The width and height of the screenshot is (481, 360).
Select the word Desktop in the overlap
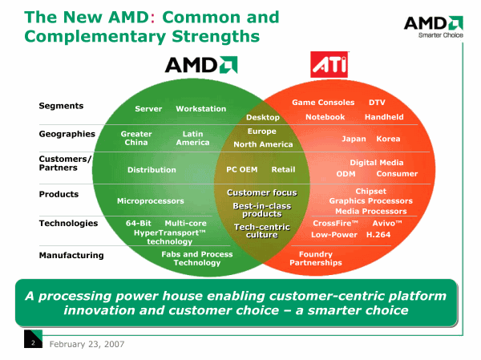tap(263, 118)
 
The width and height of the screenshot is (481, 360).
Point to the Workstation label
tap(201, 109)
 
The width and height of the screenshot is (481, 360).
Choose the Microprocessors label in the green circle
tap(151, 200)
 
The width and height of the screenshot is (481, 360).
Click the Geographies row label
tap(67, 134)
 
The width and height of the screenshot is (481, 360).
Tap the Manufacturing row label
tap(71, 255)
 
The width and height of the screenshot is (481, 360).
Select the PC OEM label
tap(242, 169)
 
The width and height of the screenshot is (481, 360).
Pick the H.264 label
tap(378, 235)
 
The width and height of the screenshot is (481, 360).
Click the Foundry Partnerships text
tap(316, 258)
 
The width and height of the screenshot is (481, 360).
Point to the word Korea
tap(388, 139)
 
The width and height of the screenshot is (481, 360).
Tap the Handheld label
tap(384, 117)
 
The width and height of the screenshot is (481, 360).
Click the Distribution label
tap(152, 170)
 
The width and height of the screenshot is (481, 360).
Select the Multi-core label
tap(185, 223)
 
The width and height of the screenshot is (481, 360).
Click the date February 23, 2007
tap(87, 343)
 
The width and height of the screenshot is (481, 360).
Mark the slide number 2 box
tap(33, 343)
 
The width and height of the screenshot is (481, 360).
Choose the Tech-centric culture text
tap(261, 231)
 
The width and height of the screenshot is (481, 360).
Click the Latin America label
tap(192, 138)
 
